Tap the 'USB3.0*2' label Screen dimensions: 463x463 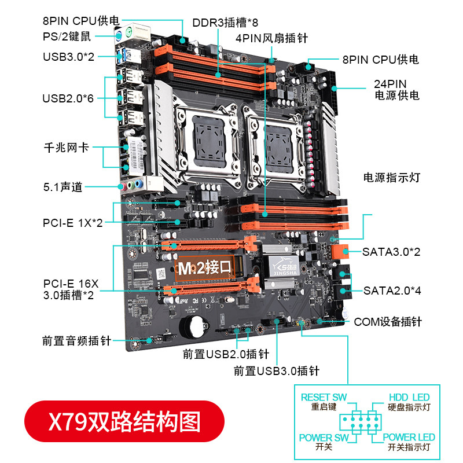point(68,57)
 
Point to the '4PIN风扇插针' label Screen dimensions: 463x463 point(271,39)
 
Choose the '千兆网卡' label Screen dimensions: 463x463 point(66,148)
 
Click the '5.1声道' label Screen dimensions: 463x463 point(63,187)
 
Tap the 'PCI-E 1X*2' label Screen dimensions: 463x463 point(72,222)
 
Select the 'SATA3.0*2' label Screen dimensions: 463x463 point(392,252)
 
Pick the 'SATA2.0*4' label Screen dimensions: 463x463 point(392,291)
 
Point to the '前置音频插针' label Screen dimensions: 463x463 point(76,341)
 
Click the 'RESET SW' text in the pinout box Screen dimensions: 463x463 point(324,398)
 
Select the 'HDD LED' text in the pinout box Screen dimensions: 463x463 point(409,398)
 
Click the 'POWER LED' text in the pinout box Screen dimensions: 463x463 point(409,438)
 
